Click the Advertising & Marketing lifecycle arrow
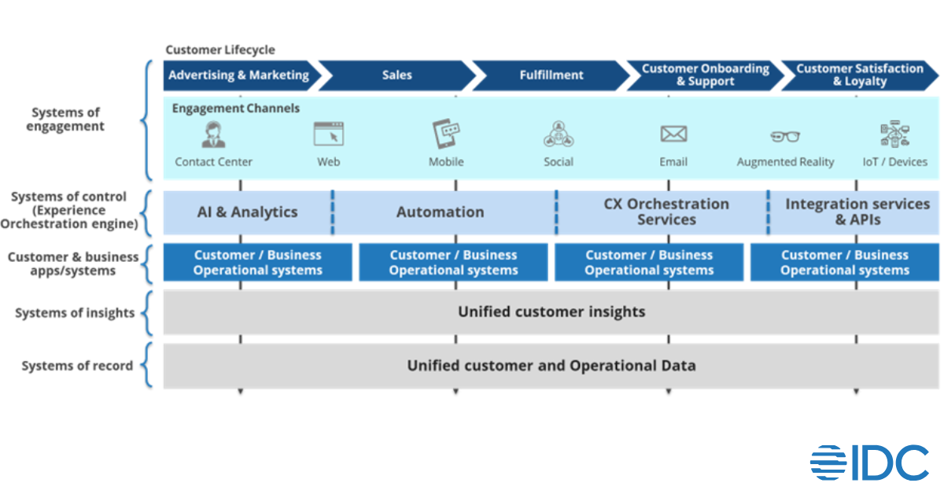point(238,76)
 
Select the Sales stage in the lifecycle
point(396,76)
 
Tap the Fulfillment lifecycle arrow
point(551,76)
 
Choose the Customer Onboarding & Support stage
point(705,76)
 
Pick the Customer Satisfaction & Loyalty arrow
point(859,76)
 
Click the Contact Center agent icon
point(213,135)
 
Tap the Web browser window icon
point(328,135)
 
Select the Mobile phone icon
point(446,135)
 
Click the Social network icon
point(559,135)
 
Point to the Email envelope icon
point(673,135)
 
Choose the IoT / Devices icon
point(895,135)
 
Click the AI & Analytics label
point(247,212)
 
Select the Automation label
point(440,212)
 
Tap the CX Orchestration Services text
point(666,212)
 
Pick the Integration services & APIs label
point(857,212)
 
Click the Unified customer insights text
point(551,312)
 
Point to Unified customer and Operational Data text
point(551,366)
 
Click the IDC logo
point(869,463)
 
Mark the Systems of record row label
point(77,366)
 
